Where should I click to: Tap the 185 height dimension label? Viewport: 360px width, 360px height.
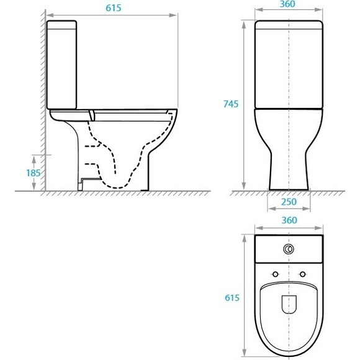pos(32,172)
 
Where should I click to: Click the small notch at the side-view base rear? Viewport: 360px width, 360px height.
pos(83,184)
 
